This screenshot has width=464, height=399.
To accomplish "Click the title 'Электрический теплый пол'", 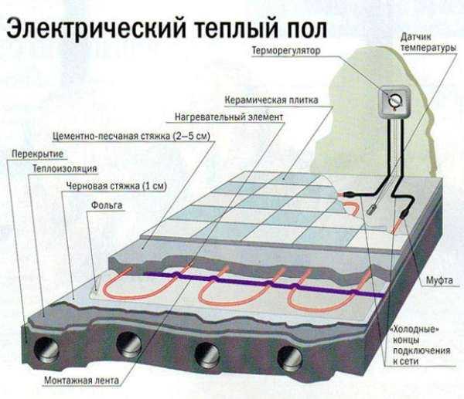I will pyautogui.click(x=166, y=29).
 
